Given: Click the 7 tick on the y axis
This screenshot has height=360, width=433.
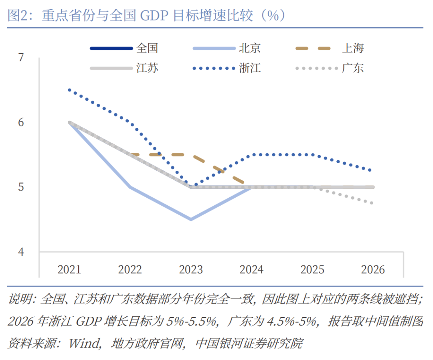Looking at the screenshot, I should tap(21, 58).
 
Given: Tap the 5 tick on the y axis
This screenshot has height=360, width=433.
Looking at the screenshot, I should tap(21, 187).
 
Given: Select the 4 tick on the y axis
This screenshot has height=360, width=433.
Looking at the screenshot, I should tap(21, 252).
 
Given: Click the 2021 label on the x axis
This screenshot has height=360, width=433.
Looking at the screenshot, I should tap(69, 269).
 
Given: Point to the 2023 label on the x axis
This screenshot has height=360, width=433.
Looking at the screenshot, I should tap(191, 269).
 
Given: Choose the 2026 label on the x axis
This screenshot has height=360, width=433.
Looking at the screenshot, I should tap(373, 269).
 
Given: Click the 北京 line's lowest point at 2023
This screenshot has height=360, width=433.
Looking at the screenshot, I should tap(191, 219).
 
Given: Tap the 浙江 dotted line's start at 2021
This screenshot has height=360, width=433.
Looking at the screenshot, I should tap(69, 90).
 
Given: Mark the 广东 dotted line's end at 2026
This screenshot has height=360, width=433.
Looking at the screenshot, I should tap(373, 203).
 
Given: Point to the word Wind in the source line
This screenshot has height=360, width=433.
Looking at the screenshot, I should tap(84, 343).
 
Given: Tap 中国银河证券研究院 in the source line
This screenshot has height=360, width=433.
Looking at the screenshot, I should tap(249, 343).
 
